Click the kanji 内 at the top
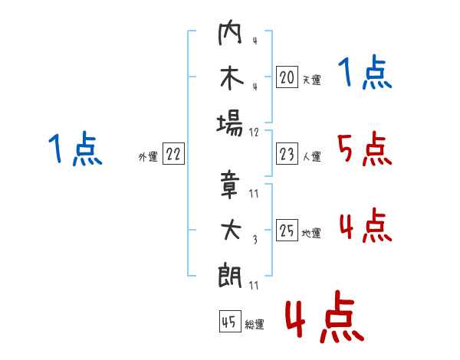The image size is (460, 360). (230, 34)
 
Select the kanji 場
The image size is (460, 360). (230, 123)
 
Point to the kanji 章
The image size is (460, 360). (230, 184)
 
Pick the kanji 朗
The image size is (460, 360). (230, 273)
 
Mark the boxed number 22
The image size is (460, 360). (173, 154)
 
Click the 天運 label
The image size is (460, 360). (311, 79)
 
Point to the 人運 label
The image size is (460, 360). (311, 156)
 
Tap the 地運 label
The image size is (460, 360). (311, 233)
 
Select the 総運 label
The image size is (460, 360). (255, 325)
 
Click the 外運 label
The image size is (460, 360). (148, 156)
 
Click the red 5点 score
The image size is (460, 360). (364, 150)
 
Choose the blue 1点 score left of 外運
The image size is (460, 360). (74, 149)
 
